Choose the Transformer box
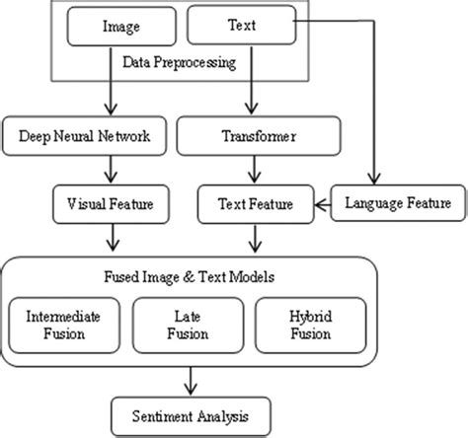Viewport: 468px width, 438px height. pos(258,137)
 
